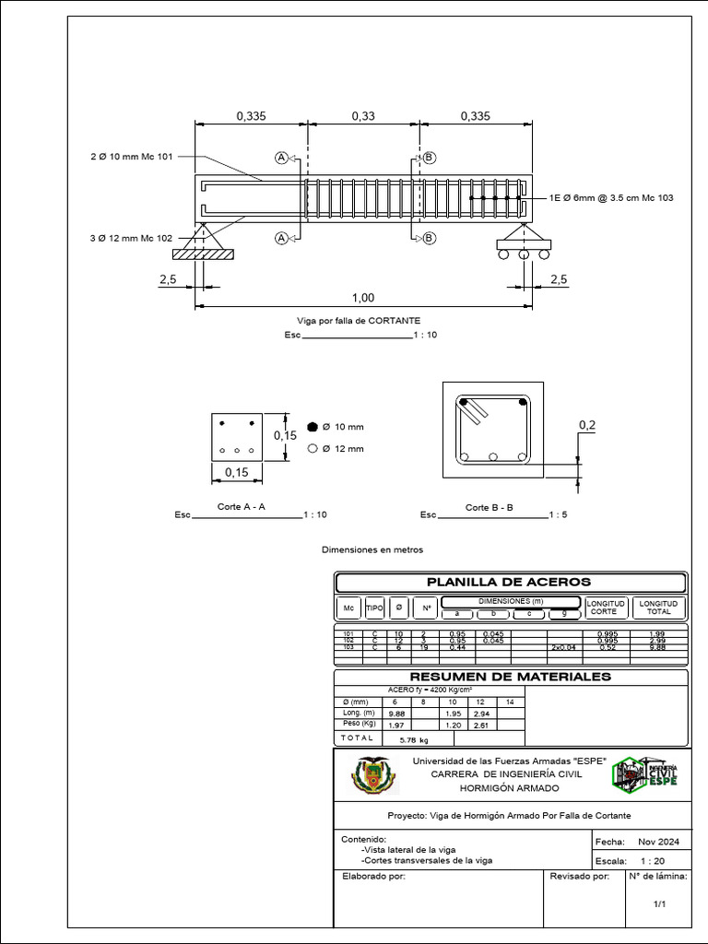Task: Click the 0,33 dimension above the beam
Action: tap(363, 116)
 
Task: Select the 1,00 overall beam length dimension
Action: tap(363, 297)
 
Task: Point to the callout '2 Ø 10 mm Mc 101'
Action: tap(131, 157)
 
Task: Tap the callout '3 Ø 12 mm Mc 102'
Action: tap(131, 238)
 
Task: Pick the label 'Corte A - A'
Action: tap(242, 507)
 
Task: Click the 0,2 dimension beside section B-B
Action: tap(586, 424)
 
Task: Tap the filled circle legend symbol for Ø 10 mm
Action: tap(313, 427)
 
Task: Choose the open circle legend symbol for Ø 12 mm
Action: tap(313, 448)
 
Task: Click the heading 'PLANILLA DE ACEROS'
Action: tap(509, 582)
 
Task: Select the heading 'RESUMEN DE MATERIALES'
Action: tap(510, 677)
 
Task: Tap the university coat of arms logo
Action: tap(373, 775)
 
